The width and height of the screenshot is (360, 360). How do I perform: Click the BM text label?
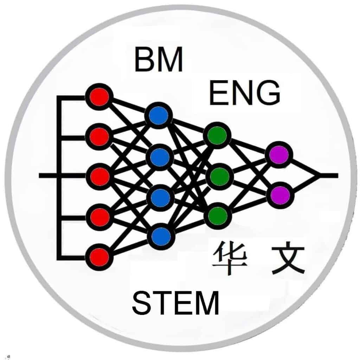[159, 60]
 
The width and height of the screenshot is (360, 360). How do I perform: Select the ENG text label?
[245, 93]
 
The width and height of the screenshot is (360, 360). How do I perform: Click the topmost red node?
[99, 96]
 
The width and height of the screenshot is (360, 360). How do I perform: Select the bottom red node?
[99, 257]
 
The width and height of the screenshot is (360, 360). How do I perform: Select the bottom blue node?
[161, 236]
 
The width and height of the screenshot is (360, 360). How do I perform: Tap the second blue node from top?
[160, 157]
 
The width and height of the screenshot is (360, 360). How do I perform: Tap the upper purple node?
[279, 155]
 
